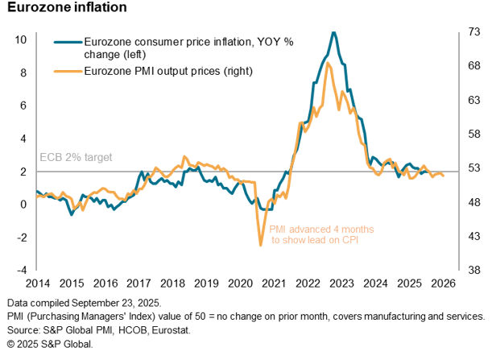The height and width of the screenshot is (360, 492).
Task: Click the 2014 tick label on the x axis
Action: (36, 283)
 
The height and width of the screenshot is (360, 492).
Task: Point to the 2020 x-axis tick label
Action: (242, 283)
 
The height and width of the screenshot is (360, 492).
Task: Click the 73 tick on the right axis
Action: (473, 33)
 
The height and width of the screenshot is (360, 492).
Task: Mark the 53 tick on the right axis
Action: (473, 168)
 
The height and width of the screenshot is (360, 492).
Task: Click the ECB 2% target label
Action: (76, 157)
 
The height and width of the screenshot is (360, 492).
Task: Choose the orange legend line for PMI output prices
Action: (66, 71)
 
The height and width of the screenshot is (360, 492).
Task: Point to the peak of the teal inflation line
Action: (333, 32)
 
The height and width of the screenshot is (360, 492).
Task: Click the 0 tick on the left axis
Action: (24, 204)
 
